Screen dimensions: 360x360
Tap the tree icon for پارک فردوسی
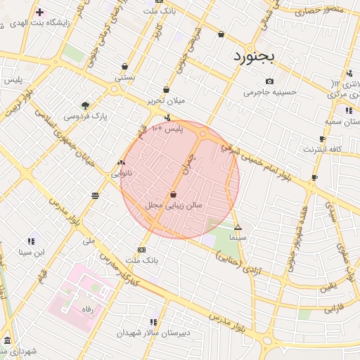tap(86, 105)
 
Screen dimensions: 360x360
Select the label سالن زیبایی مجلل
tap(173, 205)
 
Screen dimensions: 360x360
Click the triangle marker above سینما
tap(238, 227)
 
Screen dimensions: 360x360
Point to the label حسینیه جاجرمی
tap(270, 92)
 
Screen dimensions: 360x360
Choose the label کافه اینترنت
tap(321, 149)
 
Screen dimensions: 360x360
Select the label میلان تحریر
tap(166, 101)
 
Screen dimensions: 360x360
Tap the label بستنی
tap(124, 77)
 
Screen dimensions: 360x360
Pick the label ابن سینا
tap(31, 252)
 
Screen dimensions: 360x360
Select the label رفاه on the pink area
tap(87, 309)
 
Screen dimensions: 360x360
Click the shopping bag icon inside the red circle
tap(173, 194)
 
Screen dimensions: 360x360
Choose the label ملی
tap(89, 240)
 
